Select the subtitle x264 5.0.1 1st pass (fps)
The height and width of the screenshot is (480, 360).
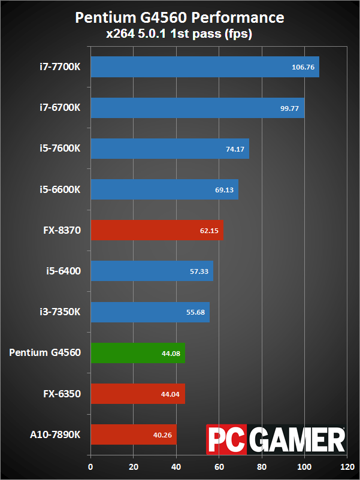179,34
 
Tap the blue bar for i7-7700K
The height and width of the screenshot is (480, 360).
204,67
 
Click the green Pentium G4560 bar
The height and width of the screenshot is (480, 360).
137,353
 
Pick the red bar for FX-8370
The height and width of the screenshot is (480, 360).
156,230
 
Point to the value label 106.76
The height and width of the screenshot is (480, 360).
303,68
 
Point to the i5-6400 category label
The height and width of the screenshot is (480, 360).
60,271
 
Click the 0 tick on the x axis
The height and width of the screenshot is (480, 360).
90,466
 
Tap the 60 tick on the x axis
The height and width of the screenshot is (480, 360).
219,466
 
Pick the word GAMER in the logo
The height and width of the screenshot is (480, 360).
297,440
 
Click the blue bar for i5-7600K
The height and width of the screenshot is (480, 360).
170,149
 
